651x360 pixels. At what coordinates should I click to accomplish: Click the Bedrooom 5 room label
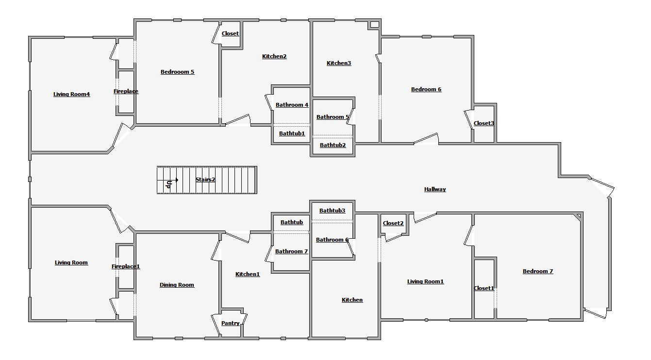point(177,72)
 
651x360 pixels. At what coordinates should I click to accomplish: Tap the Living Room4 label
point(71,94)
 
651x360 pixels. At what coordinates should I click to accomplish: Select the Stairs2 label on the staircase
point(205,180)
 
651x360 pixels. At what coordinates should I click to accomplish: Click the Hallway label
point(435,189)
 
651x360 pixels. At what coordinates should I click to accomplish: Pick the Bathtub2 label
point(333,145)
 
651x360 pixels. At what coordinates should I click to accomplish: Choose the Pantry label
point(230,323)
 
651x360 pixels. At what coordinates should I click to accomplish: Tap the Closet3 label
point(484,123)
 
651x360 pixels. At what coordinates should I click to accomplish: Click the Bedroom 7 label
point(538,271)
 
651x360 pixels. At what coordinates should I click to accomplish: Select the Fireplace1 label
point(126,266)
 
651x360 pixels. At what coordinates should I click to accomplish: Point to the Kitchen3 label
point(338,63)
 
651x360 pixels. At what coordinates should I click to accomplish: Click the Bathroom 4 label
point(292,105)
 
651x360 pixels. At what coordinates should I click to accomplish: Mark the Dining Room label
point(177,285)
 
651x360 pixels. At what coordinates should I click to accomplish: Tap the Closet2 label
point(393,223)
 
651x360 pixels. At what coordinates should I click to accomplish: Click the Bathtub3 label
point(332,211)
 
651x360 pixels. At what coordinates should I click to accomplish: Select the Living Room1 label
point(425,281)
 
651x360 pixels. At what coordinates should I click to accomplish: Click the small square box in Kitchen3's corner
point(374,25)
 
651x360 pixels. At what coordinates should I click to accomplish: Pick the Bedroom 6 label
point(426,89)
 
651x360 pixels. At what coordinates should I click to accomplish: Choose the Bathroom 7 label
point(291,251)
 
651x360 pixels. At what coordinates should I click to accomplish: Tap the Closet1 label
point(484,288)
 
